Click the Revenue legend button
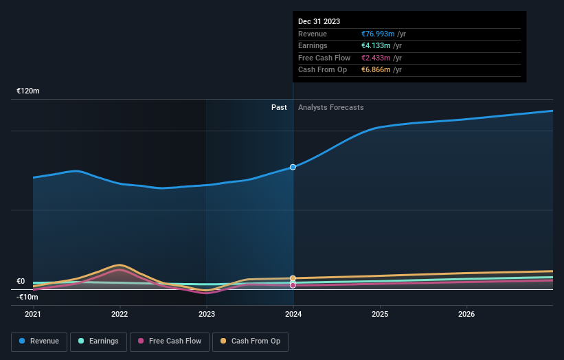tap(39, 341)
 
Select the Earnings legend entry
tap(98, 341)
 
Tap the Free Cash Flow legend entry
tap(169, 341)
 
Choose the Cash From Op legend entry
tap(250, 341)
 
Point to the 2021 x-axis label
tap(33, 315)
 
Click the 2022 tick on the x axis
tap(120, 315)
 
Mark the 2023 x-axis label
tap(206, 315)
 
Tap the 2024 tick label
tap(293, 315)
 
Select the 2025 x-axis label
tap(380, 315)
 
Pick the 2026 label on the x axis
tap(466, 315)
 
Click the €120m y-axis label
tap(28, 91)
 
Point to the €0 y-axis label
tap(21, 281)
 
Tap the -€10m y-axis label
tap(27, 297)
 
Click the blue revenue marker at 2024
tap(293, 167)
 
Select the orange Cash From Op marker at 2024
tap(293, 278)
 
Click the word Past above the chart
tap(279, 107)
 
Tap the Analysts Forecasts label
tap(330, 107)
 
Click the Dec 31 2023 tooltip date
tap(319, 22)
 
